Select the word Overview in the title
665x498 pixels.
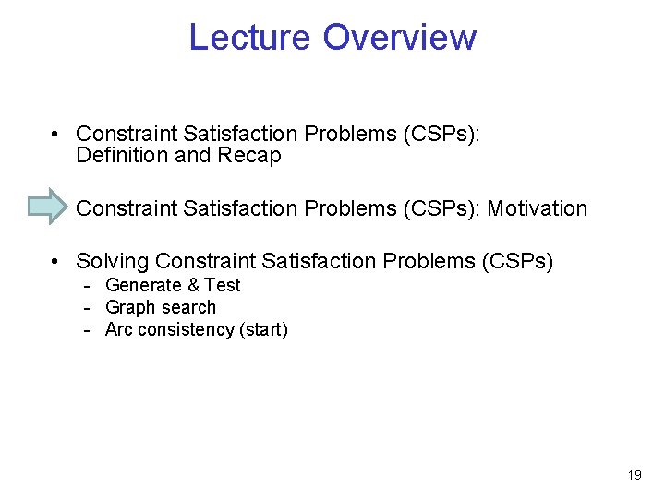point(399,38)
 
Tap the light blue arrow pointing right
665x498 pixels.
point(48,207)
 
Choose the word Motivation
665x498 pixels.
point(537,208)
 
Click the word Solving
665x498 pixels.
point(112,262)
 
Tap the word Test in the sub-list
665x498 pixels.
point(222,286)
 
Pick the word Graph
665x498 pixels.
point(129,308)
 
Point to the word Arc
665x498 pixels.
point(119,330)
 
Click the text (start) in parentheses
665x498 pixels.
point(263,330)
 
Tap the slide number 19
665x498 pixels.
point(634,475)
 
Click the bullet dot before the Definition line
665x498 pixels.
point(57,135)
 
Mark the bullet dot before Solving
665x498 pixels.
point(57,263)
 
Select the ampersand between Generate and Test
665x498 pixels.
point(193,286)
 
